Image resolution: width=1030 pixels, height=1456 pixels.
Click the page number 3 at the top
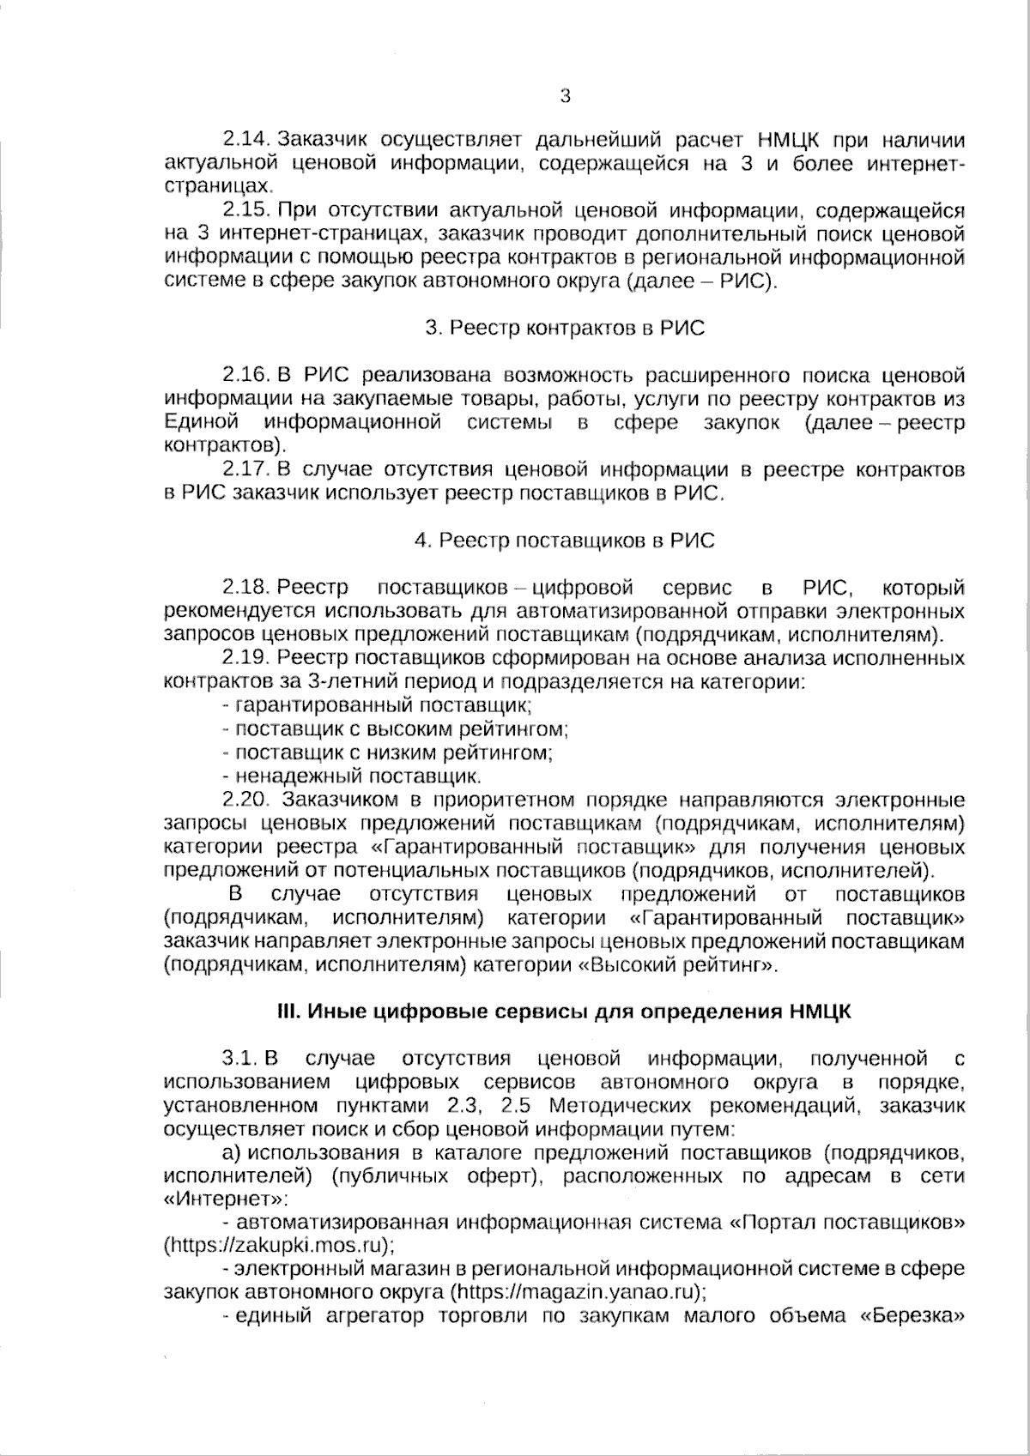coord(565,96)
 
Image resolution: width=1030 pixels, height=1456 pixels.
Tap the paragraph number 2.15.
coord(247,209)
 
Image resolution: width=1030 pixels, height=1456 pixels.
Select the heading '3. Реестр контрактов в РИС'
coord(565,329)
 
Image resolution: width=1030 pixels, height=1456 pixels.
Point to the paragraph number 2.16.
coord(247,375)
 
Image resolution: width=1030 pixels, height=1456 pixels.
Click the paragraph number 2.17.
coord(247,469)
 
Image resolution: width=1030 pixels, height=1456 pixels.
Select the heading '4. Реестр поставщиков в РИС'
coord(564,541)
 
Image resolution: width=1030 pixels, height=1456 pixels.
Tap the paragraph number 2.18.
coord(247,588)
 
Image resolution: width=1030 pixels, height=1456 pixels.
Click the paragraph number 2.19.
coord(247,658)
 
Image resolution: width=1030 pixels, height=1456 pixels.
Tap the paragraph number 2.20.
coord(247,800)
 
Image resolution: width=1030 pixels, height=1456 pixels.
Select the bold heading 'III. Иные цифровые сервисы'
coord(564,1011)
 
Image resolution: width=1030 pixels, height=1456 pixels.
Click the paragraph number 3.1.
coord(242,1057)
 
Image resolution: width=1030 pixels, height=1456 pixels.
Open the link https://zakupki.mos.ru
coord(277,1244)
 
